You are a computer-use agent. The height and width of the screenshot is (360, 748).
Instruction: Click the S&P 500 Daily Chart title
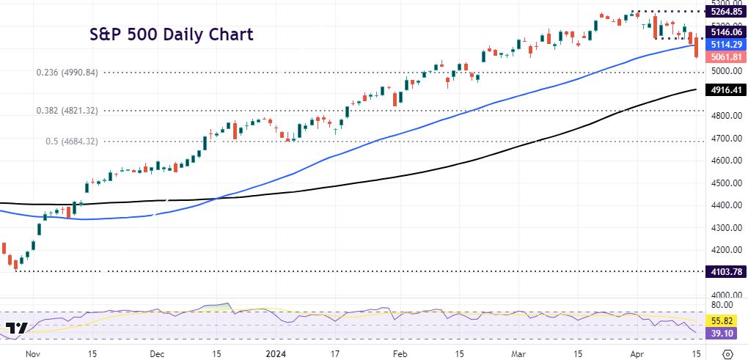click(x=172, y=34)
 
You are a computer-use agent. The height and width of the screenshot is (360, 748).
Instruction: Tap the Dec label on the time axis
click(x=155, y=352)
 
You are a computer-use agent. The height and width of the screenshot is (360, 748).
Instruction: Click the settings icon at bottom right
click(x=727, y=353)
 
